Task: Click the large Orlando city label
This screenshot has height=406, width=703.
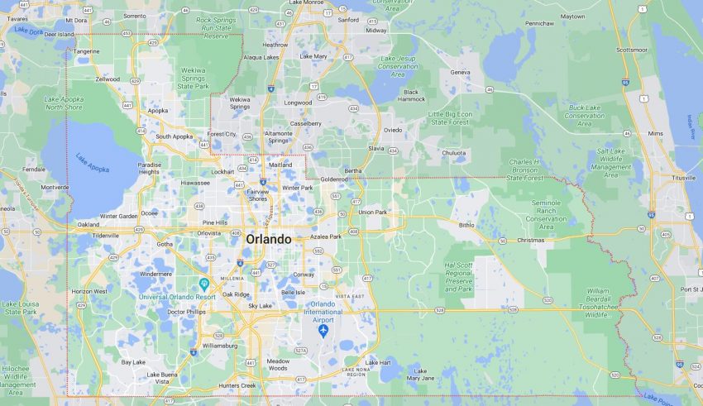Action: [268, 239]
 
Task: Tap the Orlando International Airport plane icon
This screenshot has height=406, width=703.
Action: [323, 331]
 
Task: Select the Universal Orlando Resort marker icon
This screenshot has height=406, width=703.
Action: [204, 284]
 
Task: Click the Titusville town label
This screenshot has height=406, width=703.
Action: [683, 178]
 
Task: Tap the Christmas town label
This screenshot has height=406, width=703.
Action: [530, 240]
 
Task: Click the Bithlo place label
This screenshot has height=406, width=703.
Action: [467, 224]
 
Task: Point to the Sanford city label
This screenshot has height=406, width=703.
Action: [349, 19]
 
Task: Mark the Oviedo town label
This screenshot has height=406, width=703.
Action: [393, 130]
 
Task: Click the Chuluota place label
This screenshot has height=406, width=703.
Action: [454, 152]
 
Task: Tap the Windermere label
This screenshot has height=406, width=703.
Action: [155, 274]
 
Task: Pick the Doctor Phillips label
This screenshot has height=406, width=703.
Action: [186, 312]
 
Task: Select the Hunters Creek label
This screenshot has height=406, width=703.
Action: [237, 385]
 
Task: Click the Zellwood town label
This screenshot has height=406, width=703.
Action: [108, 79]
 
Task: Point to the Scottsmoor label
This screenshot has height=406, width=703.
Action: [632, 50]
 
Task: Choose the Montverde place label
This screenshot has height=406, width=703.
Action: [55, 187]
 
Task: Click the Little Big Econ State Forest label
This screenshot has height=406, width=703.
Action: [452, 117]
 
